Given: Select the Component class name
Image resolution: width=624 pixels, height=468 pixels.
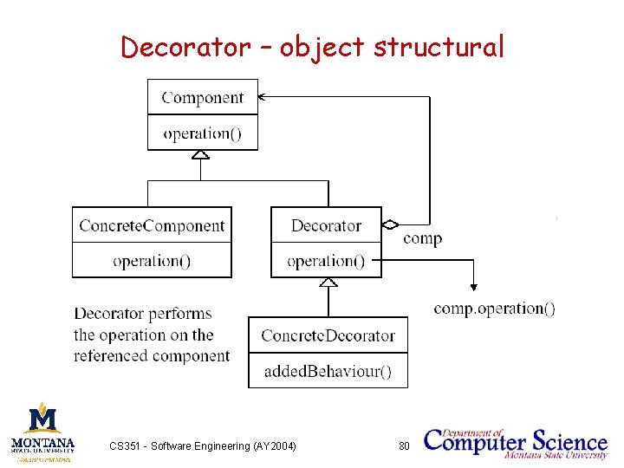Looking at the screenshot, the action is (203, 98).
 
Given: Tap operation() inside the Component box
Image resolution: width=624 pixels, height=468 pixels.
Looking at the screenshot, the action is (203, 133).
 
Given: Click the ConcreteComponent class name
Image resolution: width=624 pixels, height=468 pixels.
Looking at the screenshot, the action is (152, 226).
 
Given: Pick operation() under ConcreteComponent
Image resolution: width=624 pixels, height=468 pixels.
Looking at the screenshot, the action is (152, 261).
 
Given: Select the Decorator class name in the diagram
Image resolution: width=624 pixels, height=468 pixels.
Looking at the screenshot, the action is (326, 226).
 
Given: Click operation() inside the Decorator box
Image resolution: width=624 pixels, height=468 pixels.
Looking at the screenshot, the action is (326, 261).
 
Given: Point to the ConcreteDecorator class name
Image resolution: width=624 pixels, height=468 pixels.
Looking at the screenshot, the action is (328, 335).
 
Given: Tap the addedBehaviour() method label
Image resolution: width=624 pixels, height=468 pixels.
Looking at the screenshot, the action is (328, 373).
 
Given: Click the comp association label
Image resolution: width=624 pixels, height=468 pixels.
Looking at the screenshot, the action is (422, 238).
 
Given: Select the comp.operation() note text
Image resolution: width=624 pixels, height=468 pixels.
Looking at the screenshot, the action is (494, 309).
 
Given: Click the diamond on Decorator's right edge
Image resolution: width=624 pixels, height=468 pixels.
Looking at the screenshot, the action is (390, 224).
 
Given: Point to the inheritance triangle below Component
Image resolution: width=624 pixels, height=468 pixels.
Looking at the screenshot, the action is (201, 155).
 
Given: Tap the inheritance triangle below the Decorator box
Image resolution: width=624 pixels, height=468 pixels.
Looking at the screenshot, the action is (328, 283).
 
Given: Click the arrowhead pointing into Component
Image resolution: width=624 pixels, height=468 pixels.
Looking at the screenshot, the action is (263, 97).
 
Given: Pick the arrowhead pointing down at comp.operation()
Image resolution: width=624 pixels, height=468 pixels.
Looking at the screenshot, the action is (473, 287).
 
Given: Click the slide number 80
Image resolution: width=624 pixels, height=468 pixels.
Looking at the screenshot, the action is (403, 445).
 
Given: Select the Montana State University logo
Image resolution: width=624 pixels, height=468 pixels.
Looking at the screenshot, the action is (42, 431).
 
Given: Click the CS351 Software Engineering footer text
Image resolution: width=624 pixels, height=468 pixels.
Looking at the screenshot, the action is (203, 445).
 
